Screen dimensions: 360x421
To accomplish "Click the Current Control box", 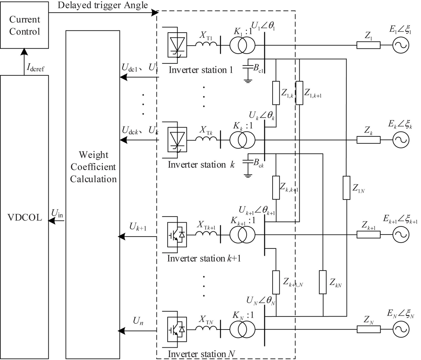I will [25, 26].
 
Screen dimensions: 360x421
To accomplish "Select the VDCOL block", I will [25, 217].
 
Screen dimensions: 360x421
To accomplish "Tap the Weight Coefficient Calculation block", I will [93, 167].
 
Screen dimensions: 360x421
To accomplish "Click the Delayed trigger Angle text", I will [103, 5].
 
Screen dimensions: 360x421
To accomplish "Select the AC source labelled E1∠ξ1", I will [400, 45].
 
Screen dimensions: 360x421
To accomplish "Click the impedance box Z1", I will [368, 45].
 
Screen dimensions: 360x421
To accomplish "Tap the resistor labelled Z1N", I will [346, 188].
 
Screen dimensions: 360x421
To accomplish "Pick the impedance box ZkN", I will [323, 282].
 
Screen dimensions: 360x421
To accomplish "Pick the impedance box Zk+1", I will [368, 235].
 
